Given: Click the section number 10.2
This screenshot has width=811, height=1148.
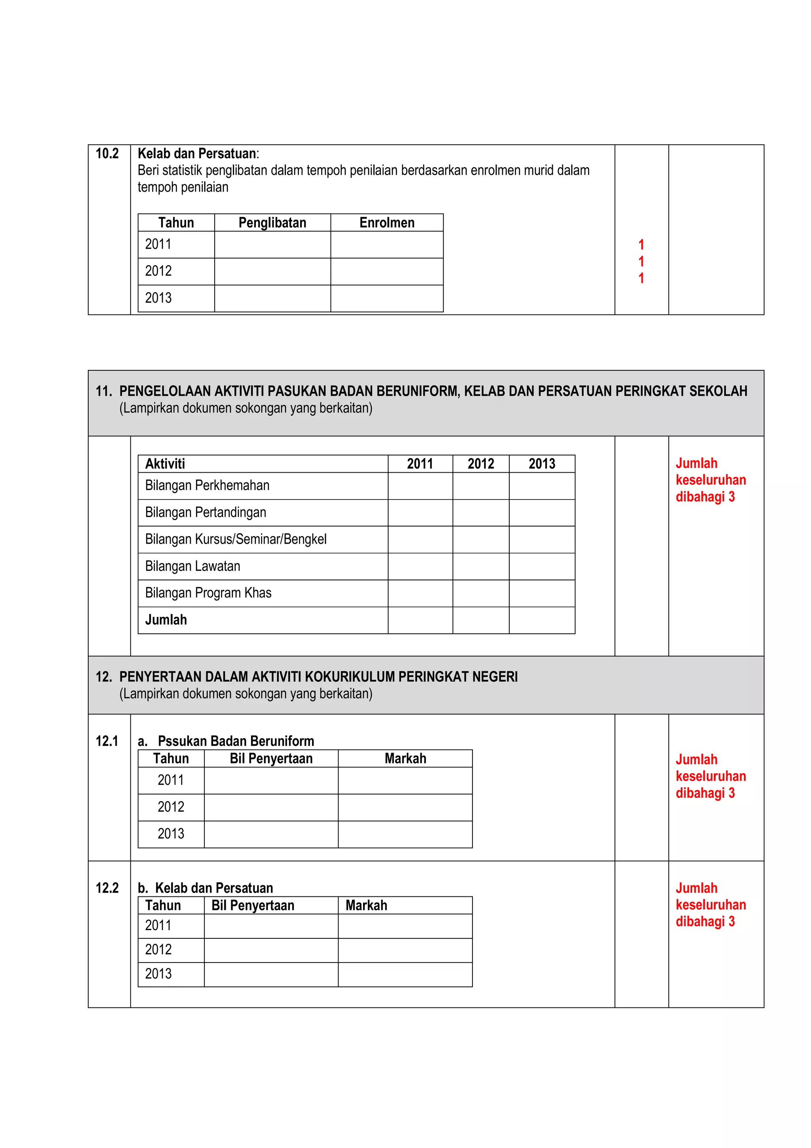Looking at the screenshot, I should [107, 153].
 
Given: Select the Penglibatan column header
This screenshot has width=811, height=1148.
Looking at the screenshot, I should [272, 223].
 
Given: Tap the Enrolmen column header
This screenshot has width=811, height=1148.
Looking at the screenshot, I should [387, 223].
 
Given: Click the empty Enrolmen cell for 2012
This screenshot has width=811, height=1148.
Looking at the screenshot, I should [387, 271].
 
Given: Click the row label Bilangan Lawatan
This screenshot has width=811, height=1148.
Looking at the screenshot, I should [192, 566].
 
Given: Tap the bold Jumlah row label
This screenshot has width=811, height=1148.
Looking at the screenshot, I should [166, 620].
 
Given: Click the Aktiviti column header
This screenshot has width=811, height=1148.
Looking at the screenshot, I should [165, 464].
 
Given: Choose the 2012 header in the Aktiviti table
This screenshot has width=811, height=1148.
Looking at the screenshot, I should [481, 464].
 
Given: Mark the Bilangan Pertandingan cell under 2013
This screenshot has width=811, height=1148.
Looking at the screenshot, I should [542, 513].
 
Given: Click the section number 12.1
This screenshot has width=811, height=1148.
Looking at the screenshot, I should [107, 741].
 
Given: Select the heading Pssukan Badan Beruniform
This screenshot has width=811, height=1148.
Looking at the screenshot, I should [236, 741].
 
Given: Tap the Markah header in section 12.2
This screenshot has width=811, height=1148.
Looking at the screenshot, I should [366, 906].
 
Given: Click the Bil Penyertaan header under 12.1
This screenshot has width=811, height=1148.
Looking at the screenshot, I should [271, 759].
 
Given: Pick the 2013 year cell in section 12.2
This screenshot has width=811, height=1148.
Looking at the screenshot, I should [158, 973].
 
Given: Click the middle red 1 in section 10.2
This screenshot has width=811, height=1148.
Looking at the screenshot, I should [641, 261].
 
